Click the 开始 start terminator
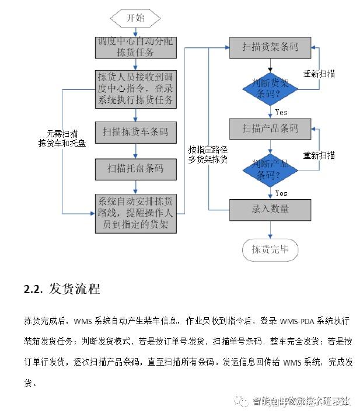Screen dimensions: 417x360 (x=136, y=18)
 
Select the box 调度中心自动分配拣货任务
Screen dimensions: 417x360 (x=135, y=47)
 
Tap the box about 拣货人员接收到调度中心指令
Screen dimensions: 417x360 (x=135, y=89)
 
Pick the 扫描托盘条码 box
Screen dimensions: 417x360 (x=135, y=169)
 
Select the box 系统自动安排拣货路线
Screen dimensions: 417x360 (x=135, y=213)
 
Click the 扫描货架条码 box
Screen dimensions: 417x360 (x=270, y=47)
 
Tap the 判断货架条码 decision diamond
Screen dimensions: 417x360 (x=270, y=88)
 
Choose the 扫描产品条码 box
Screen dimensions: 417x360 (x=270, y=128)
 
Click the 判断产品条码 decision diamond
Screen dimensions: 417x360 (x=270, y=169)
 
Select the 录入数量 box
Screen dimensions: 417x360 (x=270, y=208)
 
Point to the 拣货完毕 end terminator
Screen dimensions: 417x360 (x=270, y=250)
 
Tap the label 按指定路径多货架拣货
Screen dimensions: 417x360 (x=208, y=154)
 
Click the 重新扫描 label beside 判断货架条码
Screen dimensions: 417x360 (x=319, y=74)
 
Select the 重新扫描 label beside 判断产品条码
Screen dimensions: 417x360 (x=319, y=156)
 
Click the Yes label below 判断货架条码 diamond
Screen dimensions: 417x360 (x=281, y=112)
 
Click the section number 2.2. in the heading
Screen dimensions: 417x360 (x=33, y=289)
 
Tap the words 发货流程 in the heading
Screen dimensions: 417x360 (x=75, y=289)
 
